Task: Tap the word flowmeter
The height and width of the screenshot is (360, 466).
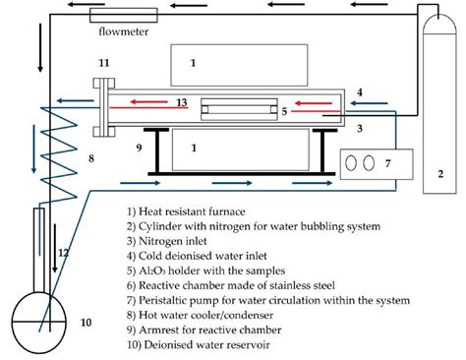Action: coord(121,32)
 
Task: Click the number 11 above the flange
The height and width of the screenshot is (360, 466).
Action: coord(103,64)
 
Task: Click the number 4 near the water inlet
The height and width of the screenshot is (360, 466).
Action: coord(360,92)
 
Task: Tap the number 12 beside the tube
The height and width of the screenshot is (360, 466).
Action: coord(63,254)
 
